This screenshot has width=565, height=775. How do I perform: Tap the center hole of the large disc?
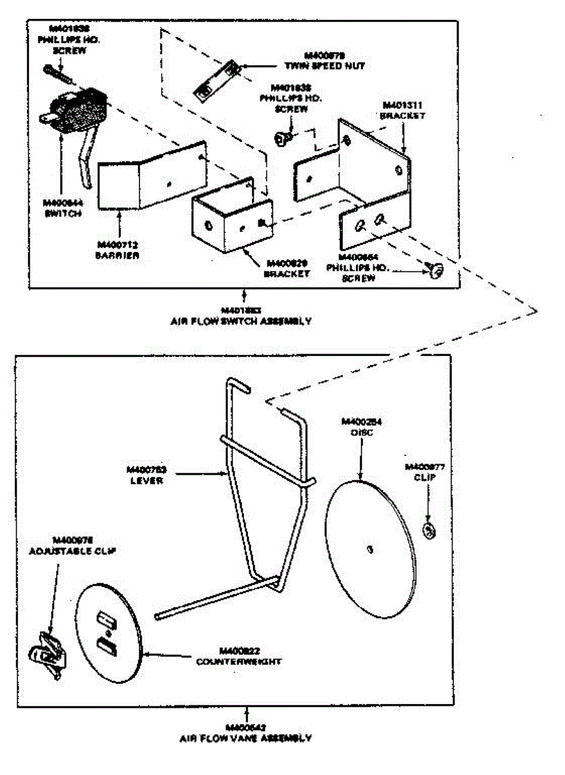click(369, 549)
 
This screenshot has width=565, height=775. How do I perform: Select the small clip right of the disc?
click(427, 530)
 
